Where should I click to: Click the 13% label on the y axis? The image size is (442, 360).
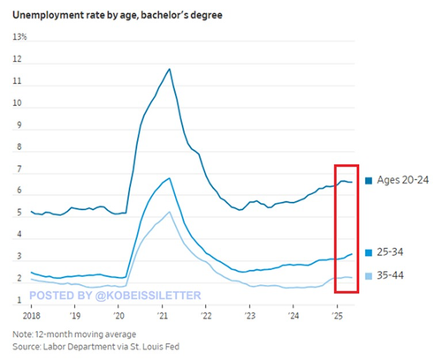19,37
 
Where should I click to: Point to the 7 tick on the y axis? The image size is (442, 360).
19,169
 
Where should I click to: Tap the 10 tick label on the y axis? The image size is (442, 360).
18,103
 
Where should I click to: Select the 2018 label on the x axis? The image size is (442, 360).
32,316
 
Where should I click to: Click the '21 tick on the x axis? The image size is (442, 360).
162,316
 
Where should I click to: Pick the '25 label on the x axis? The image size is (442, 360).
337,316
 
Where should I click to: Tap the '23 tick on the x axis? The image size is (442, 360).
249,316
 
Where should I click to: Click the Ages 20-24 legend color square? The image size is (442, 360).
369,181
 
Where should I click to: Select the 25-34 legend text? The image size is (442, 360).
390,252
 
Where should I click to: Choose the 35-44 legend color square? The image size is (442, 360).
369,276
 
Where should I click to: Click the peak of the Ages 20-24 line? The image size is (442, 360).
170,69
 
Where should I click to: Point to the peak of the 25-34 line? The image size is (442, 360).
170,178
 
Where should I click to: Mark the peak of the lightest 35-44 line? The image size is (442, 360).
170,212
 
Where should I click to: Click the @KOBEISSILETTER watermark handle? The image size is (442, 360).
149,296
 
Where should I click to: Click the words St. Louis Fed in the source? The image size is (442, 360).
155,347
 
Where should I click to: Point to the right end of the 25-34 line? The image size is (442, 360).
352,254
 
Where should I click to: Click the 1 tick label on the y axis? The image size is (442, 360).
19,300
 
